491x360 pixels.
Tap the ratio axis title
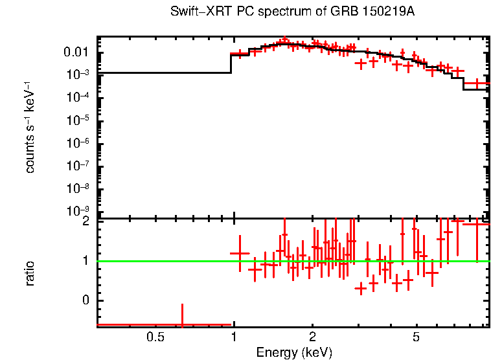pos(30,273)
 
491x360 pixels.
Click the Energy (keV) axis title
pos(294,352)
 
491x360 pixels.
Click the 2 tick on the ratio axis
pos(85,221)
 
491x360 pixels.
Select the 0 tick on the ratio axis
pos(85,300)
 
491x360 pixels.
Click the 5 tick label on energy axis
pos(417,337)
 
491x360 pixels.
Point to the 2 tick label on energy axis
pos(312,337)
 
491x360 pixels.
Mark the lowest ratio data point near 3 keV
pos(361,289)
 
